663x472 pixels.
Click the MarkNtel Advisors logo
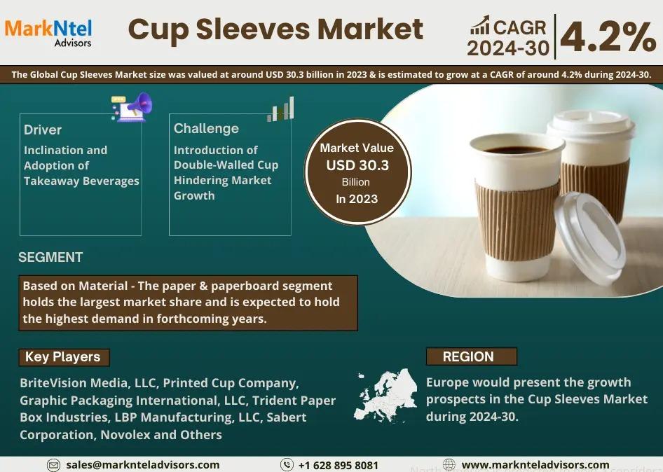coord(48,33)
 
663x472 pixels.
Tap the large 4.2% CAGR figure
coord(608,36)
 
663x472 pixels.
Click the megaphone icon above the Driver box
coord(132,107)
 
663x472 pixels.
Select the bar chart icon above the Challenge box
coord(281,109)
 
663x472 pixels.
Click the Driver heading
coord(43,130)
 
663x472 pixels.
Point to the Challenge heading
coord(206,128)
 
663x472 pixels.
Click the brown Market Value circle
coord(357,172)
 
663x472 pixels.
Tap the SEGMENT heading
coord(50,257)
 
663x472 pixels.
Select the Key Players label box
coord(64,357)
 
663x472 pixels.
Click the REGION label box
coord(472,356)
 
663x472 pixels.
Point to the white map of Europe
coord(385,396)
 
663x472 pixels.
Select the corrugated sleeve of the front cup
coord(517,221)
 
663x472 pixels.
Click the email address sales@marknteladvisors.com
coord(142,465)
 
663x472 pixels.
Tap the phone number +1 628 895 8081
coord(339,465)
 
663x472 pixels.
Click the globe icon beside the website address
coord(449,465)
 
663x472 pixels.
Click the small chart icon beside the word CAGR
coord(480,25)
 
